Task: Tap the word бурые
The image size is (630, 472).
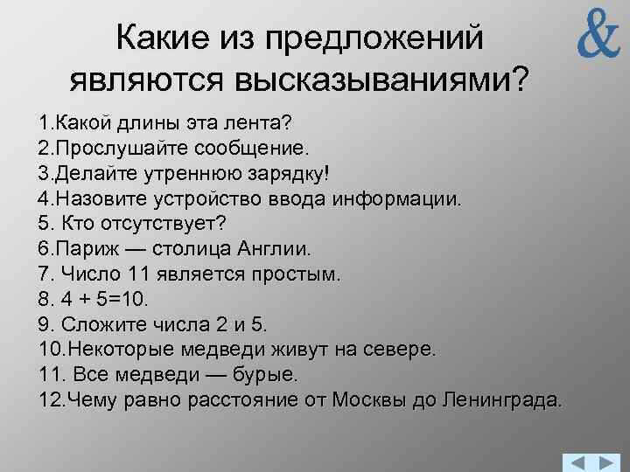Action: [268, 375]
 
